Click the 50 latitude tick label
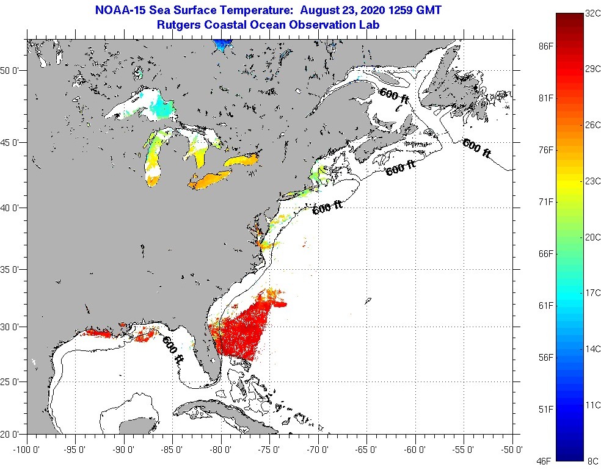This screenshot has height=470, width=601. [13, 70]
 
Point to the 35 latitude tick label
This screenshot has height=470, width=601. [13, 269]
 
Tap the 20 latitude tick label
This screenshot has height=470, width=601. [13, 435]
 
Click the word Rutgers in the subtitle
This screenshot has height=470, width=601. [178, 25]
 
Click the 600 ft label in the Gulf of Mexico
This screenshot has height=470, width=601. [173, 349]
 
